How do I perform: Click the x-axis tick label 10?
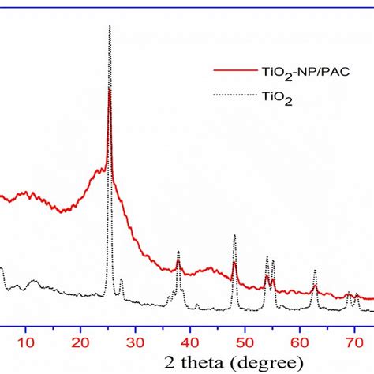26,342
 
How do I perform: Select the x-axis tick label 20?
80,342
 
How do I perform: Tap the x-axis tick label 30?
135,342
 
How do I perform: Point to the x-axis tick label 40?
190,342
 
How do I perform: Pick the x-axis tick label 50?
245,342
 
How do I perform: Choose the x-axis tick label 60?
300,342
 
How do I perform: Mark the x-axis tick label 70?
355,342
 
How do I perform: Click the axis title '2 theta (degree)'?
234,363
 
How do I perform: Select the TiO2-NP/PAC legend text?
305,73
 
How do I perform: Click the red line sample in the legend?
235,70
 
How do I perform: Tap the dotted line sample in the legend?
235,95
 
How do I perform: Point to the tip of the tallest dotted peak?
110,25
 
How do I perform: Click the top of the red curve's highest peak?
110,89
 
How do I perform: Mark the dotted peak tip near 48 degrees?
234,235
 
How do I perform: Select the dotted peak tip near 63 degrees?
315,270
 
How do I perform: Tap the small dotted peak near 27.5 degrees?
122,279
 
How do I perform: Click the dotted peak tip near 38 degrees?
178,251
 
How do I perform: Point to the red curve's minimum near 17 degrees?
62,212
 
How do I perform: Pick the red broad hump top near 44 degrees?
211,267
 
